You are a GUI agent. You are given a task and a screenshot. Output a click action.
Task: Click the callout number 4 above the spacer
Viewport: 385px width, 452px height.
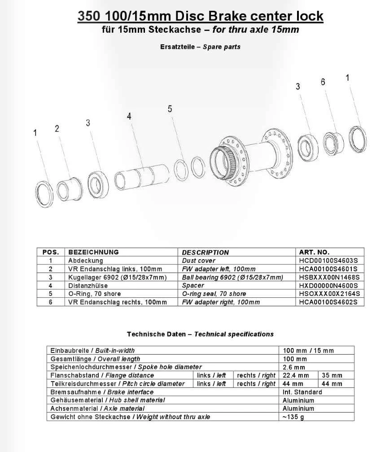(129, 116)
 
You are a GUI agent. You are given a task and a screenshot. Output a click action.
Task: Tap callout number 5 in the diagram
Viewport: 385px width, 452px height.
(170, 109)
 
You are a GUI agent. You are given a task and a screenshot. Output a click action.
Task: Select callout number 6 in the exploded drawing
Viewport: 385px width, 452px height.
(323, 83)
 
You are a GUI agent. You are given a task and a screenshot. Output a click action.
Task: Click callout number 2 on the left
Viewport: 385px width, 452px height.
(57, 129)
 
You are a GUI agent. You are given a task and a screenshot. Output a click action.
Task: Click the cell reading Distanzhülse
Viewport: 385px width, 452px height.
(87, 285)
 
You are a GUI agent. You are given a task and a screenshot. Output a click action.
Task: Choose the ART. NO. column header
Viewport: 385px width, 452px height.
(314, 252)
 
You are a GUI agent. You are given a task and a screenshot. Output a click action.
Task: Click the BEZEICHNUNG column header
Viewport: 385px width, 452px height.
(93, 252)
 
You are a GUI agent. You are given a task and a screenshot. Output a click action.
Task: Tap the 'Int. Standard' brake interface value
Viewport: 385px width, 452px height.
(302, 392)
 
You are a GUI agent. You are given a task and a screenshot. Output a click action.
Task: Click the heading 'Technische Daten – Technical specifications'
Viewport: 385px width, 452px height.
(200, 334)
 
